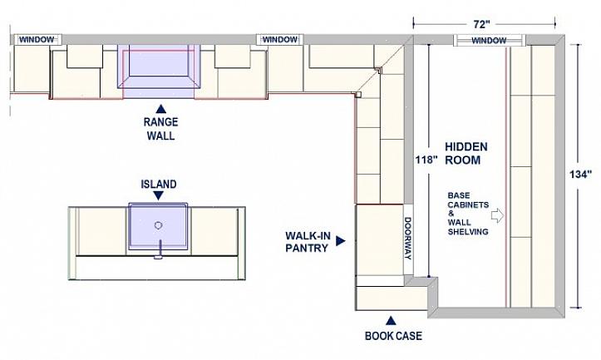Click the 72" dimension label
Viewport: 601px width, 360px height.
482,25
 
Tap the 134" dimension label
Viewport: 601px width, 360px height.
581,175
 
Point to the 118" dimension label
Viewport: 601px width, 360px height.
426,160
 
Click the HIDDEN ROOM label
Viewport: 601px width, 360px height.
466,153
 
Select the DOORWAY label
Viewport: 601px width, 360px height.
408,238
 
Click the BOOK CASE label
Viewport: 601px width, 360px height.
393,336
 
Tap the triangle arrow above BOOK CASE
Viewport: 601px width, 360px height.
391,321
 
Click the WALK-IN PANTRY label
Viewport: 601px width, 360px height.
308,242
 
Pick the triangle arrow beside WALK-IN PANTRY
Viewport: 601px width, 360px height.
340,241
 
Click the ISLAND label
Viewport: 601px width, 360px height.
159,185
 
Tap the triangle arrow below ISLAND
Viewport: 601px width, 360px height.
158,196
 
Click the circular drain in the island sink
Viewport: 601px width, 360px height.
158,225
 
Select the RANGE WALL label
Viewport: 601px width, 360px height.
161,129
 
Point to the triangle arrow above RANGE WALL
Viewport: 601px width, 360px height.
161,109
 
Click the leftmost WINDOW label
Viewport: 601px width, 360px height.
37,39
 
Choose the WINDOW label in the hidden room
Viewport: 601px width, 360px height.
489,41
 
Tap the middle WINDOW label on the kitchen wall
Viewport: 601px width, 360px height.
280,39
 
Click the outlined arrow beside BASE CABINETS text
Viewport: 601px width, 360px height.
497,215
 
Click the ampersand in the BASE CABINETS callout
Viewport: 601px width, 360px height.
451,214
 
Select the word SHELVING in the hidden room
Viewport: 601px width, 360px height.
468,232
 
